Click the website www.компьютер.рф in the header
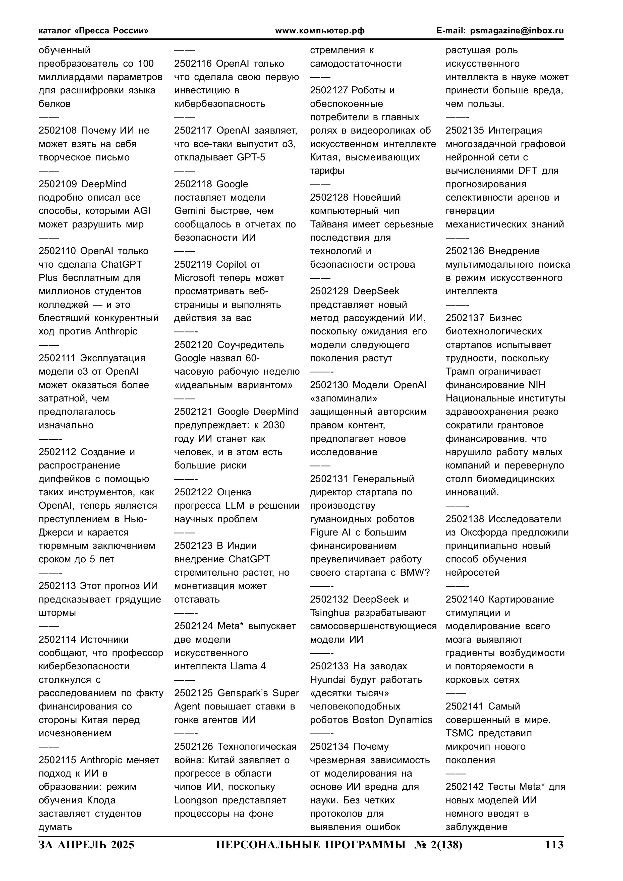click(x=320, y=31)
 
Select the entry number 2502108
click(x=58, y=131)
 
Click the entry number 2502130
click(x=329, y=385)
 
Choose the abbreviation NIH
click(x=536, y=385)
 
